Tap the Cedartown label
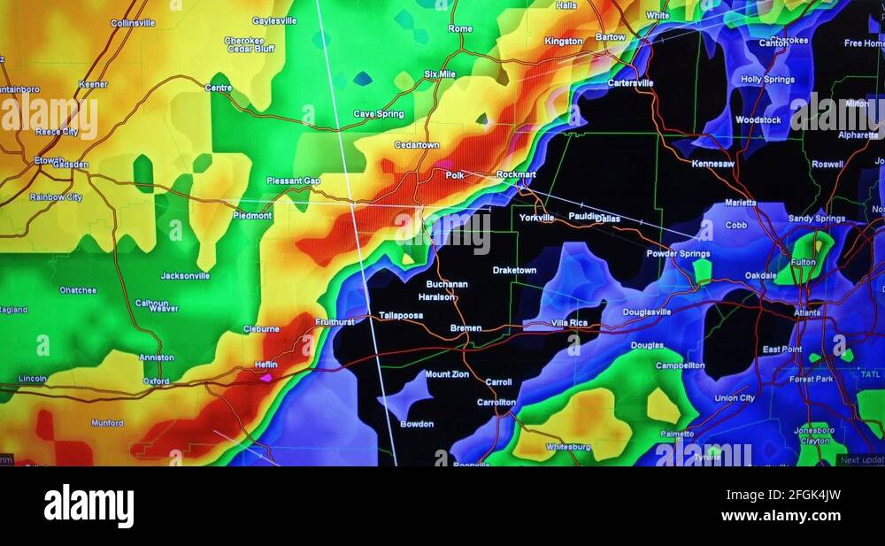click(416, 144)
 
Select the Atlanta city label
click(807, 312)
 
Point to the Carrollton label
click(496, 402)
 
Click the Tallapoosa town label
click(402, 315)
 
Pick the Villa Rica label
click(569, 323)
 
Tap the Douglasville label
click(647, 311)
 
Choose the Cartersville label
click(630, 82)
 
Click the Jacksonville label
click(185, 275)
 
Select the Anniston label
click(157, 358)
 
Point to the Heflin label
click(265, 365)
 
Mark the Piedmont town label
click(252, 215)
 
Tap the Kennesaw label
click(712, 164)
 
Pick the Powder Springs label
click(678, 253)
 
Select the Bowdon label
click(417, 424)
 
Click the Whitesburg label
click(567, 447)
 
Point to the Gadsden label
click(71, 165)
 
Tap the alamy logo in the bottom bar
click(88, 506)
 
